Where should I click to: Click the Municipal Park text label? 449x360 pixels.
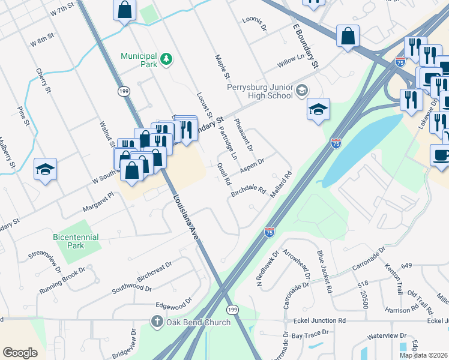coord(139,56)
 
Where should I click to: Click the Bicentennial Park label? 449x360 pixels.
coord(76,241)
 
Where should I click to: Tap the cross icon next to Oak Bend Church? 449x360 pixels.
coord(157,322)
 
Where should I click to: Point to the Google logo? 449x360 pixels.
coord(20,353)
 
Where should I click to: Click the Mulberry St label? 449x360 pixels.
coord(8,155)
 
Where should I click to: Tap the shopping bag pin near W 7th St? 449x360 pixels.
coord(124,10)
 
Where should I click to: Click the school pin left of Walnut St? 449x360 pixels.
coord(45,169)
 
